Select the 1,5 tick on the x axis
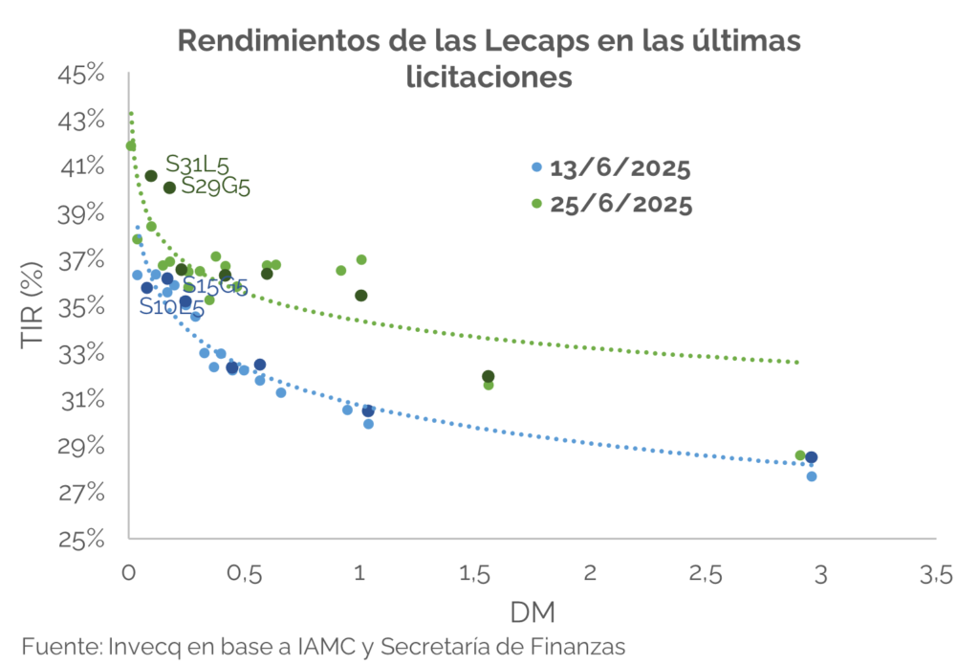point(475,575)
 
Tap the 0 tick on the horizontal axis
point(129,575)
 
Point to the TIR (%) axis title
point(35,307)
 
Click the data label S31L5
point(198,164)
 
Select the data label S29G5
point(216,186)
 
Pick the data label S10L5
point(171,307)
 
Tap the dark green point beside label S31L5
point(151,176)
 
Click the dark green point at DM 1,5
point(489,376)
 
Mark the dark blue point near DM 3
point(812,457)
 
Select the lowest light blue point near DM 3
point(812,477)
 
